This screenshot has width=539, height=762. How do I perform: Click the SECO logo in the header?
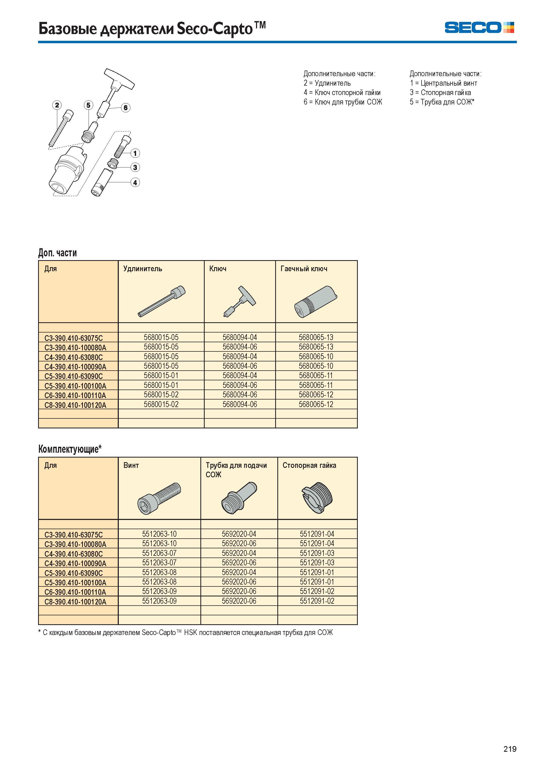[x=479, y=28]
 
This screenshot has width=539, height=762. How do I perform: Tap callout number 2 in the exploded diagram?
[x=57, y=105]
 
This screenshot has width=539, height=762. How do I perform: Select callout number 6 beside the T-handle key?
[x=126, y=108]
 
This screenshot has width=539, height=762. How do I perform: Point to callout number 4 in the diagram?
[x=135, y=182]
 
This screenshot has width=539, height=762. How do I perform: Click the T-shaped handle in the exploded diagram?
[x=119, y=78]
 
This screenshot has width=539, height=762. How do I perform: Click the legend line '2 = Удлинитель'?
[x=327, y=83]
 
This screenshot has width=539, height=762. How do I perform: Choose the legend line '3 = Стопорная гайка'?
[x=440, y=93]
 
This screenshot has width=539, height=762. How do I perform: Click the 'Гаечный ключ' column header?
[x=304, y=268]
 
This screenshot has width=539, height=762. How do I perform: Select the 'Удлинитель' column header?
[x=143, y=268]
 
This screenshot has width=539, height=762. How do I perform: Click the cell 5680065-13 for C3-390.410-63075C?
[x=316, y=337]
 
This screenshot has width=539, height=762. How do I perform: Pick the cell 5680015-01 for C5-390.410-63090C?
[x=161, y=375]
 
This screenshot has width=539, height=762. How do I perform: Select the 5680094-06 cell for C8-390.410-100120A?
[x=240, y=404]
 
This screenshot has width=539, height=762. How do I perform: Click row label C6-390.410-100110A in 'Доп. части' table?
[x=75, y=395]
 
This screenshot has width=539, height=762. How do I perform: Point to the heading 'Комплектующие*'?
[x=70, y=449]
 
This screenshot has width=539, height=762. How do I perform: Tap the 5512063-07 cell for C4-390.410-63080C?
[x=159, y=553]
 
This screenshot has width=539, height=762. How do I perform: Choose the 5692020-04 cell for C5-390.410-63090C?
[x=239, y=572]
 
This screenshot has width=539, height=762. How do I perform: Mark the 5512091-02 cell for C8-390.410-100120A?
[x=317, y=601]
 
